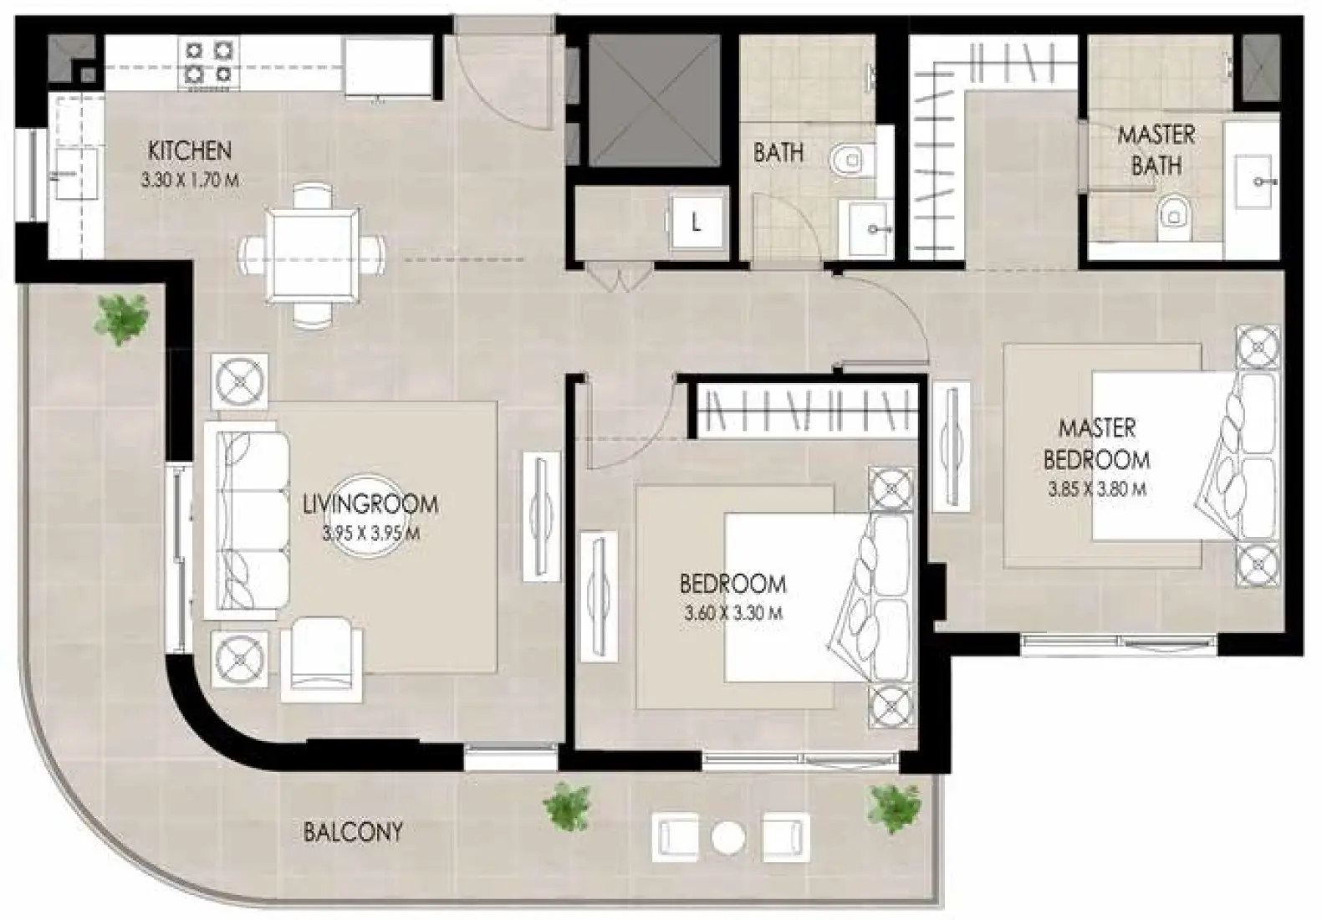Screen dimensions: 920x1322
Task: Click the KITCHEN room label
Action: coord(189,151)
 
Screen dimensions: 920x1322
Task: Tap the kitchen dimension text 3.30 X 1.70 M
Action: coord(191,179)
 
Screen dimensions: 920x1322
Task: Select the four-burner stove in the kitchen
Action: coord(208,63)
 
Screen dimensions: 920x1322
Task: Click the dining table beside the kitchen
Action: coord(313,254)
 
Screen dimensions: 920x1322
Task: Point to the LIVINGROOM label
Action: coord(370,504)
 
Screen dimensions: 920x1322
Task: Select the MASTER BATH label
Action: coord(1156,150)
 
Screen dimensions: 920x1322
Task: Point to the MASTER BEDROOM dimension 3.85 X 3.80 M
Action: coord(1097,489)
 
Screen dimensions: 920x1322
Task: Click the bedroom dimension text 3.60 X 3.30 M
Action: coord(733,613)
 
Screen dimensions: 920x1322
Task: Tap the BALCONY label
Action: coord(353,831)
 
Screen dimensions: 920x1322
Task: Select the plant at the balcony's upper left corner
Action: coord(122,319)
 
